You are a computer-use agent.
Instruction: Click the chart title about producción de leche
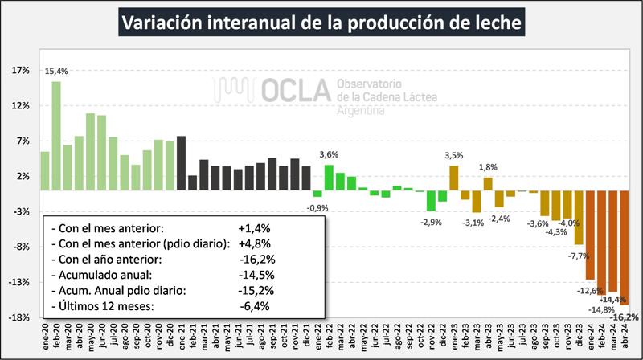(x=321, y=21)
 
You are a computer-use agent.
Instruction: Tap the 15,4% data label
(x=56, y=72)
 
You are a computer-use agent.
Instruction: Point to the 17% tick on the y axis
(x=20, y=71)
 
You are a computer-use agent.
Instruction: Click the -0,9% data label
(x=317, y=207)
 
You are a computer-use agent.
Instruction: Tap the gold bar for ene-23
(x=454, y=178)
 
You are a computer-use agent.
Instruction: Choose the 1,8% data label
(x=488, y=166)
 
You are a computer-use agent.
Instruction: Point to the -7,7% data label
(x=579, y=256)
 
